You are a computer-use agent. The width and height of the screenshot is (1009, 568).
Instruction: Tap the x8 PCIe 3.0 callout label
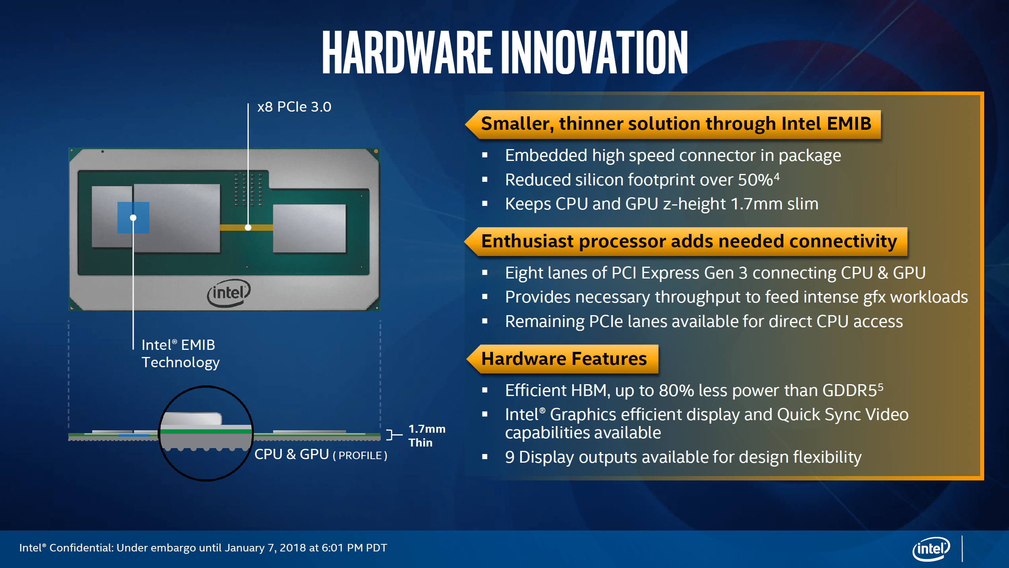coord(294,107)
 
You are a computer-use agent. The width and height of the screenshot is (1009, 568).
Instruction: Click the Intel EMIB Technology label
coord(180,354)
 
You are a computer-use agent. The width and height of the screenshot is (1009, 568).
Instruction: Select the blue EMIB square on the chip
coord(133,218)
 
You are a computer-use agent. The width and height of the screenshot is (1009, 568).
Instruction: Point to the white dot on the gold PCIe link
coord(248,228)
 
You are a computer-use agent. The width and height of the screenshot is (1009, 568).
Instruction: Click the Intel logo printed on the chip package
coord(229,293)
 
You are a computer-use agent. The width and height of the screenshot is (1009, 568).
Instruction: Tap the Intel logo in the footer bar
coord(931,548)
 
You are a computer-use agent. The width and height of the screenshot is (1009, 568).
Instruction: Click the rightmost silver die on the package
coord(309,228)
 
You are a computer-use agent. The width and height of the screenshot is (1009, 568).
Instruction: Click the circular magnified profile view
coord(206,433)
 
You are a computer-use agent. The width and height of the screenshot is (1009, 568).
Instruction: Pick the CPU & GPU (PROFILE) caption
coord(320,455)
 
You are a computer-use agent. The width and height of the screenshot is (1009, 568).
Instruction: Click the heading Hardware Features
coord(564,359)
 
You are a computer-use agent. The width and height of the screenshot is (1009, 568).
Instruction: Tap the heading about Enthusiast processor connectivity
coord(689,241)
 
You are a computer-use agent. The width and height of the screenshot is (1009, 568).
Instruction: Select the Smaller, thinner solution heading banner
coord(676,124)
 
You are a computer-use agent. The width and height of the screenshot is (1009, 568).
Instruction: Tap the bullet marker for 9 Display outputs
coord(485,457)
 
